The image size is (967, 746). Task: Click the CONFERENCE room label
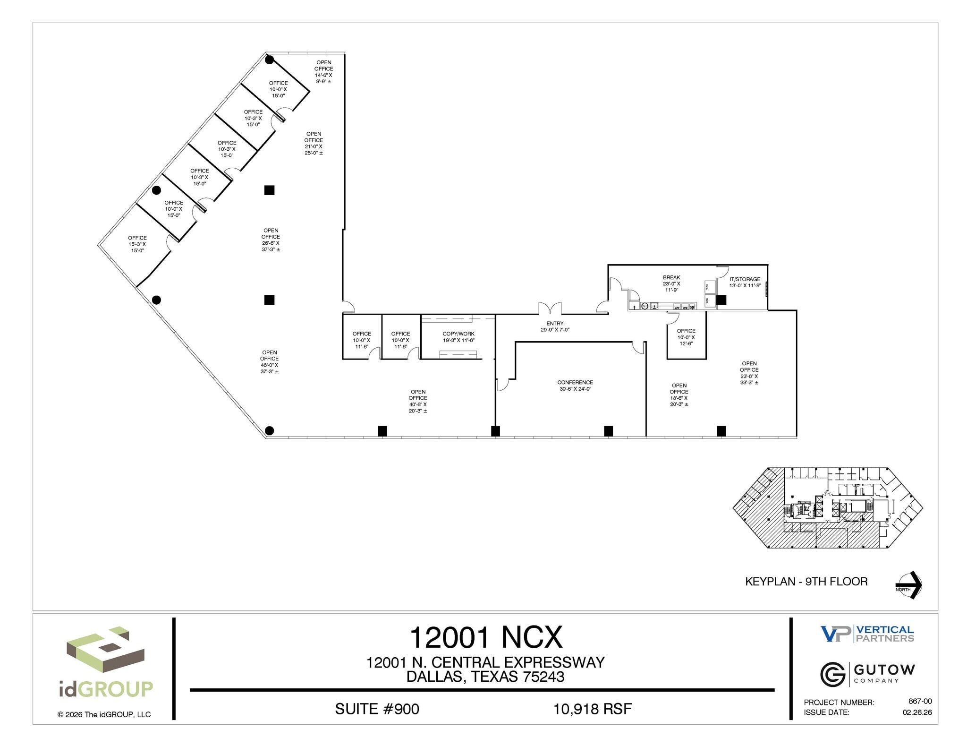575,386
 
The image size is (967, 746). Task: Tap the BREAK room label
671,283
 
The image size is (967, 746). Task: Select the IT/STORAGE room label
745,282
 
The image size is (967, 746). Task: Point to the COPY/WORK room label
458,337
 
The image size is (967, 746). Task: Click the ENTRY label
555,326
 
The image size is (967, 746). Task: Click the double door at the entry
551,309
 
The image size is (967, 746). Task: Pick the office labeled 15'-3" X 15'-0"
137,244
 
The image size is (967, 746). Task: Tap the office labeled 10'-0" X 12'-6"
686,337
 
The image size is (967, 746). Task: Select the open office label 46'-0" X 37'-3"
270,362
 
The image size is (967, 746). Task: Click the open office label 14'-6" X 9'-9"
324,72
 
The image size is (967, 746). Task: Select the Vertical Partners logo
867,634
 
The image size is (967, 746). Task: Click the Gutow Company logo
867,674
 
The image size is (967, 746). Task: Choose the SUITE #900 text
377,709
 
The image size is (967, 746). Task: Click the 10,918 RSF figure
593,709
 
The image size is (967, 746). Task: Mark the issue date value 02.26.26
917,712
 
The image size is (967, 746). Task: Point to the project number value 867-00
920,702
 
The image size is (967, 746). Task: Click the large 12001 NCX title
486,637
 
